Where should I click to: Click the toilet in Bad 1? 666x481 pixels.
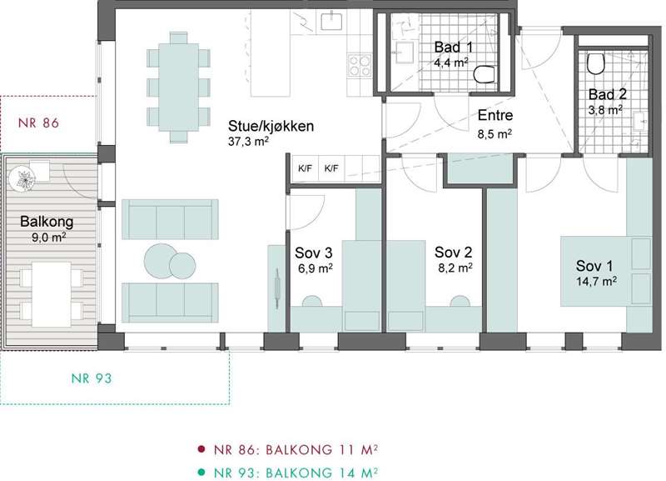click(x=485, y=75)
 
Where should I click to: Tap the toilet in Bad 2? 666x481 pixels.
click(x=596, y=64)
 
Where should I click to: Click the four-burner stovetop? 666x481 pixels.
click(x=360, y=66)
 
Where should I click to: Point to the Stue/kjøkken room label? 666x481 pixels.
click(x=271, y=127)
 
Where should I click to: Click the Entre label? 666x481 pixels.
click(x=495, y=115)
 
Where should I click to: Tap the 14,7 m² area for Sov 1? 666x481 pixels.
click(x=596, y=281)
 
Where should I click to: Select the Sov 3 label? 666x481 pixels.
click(x=314, y=253)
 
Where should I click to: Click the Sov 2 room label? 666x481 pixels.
click(x=453, y=253)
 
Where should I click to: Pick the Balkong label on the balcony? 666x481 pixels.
click(x=47, y=222)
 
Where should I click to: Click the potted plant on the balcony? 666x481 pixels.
click(x=22, y=178)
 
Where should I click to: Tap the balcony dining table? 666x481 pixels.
click(x=52, y=294)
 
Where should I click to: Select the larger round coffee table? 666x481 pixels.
click(x=160, y=261)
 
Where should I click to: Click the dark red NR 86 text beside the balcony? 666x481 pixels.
click(x=38, y=123)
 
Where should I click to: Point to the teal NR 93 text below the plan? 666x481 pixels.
click(x=92, y=378)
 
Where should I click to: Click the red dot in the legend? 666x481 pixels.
click(x=201, y=449)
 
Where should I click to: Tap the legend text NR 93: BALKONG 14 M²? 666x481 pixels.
click(x=296, y=473)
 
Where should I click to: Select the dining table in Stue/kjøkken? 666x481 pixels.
click(x=178, y=87)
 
